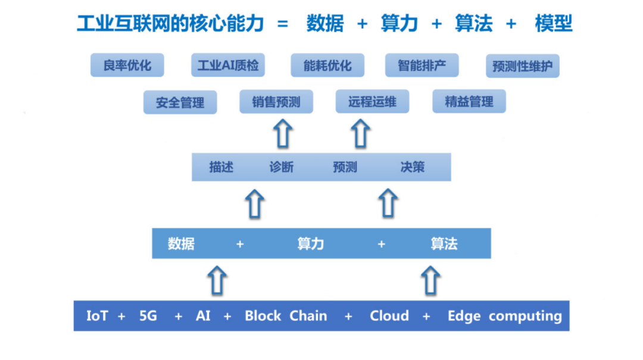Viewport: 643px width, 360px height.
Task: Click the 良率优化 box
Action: point(127,65)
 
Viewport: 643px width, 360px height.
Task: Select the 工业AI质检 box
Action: point(228,65)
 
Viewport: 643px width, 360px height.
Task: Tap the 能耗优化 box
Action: point(327,65)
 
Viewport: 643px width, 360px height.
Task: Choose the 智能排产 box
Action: point(422,65)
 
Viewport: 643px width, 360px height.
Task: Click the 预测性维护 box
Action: point(522,66)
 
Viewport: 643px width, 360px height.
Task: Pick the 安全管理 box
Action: point(180,102)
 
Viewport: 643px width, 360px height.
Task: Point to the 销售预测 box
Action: point(276,101)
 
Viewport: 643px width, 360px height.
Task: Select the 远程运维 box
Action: point(372,101)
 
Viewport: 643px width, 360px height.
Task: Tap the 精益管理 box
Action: point(469,101)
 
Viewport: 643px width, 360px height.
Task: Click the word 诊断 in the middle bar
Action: point(281,167)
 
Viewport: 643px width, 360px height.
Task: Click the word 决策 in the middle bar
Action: point(412,167)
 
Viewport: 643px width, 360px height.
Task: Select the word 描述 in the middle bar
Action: point(221,167)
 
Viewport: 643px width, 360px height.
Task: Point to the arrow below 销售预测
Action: point(284,133)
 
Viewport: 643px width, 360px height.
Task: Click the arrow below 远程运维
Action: point(360,133)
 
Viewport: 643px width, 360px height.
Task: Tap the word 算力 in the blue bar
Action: point(310,243)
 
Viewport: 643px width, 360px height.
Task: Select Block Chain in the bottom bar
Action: point(286,315)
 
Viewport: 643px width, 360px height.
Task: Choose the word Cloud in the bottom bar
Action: point(389,315)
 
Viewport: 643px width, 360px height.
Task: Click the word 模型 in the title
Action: point(553,23)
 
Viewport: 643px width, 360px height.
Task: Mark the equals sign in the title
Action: point(283,24)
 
